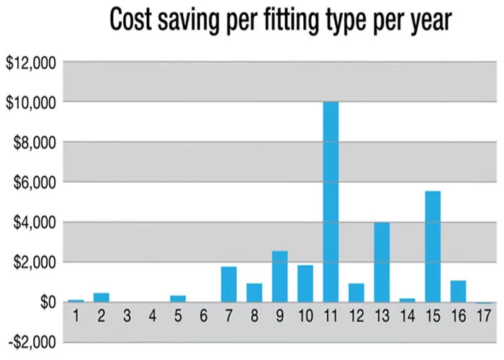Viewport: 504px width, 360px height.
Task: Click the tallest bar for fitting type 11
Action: pyautogui.click(x=330, y=202)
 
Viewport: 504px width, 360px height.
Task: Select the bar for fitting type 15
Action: pyautogui.click(x=433, y=246)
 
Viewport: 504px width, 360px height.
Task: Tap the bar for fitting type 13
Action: pyautogui.click(x=382, y=262)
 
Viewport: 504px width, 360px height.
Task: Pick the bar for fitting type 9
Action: pyautogui.click(x=279, y=276)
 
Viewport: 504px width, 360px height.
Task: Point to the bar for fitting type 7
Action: pyautogui.click(x=229, y=284)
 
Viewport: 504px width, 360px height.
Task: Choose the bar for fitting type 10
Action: pyautogui.click(x=305, y=284)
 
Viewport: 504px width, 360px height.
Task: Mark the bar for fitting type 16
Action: pyautogui.click(x=458, y=292)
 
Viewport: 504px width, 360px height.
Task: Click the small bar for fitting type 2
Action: pyautogui.click(x=102, y=297)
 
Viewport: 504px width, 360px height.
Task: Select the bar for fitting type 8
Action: pyautogui.click(x=254, y=293)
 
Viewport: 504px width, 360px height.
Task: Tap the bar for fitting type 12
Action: pyautogui.click(x=356, y=293)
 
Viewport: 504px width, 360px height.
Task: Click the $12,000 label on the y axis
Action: pyautogui.click(x=30, y=63)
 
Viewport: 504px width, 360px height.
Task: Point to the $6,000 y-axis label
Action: pyautogui.click(x=35, y=183)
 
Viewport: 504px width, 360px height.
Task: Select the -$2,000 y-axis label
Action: pyautogui.click(x=32, y=343)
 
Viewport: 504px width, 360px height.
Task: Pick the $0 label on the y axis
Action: pyautogui.click(x=48, y=302)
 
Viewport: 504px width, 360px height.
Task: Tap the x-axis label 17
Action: pyautogui.click(x=483, y=316)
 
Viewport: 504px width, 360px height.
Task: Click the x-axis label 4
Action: pyautogui.click(x=153, y=316)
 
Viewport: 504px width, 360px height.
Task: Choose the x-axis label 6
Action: pyautogui.click(x=203, y=316)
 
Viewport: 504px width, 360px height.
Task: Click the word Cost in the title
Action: pyautogui.click(x=130, y=19)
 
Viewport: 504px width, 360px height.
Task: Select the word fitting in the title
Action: pyautogui.click(x=291, y=21)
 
